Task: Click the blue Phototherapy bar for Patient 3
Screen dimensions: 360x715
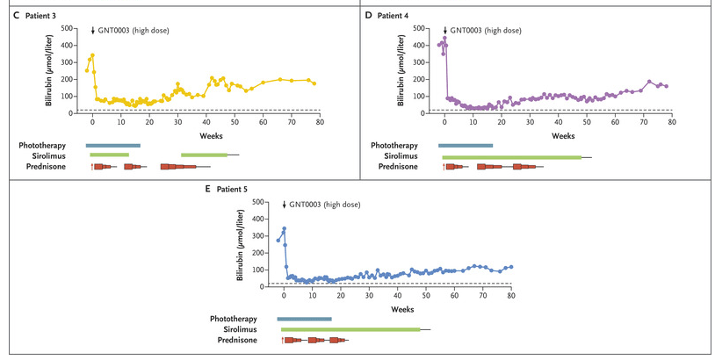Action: (x=112, y=145)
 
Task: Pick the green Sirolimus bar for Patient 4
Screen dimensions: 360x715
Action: (x=511, y=156)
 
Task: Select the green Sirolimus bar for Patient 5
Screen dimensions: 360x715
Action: (x=350, y=329)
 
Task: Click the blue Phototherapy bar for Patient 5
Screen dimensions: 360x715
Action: (x=304, y=319)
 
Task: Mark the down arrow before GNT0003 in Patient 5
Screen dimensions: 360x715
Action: (x=284, y=205)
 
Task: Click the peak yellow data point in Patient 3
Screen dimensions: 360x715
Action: (x=92, y=55)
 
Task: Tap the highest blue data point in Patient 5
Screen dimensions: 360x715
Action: (x=284, y=229)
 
